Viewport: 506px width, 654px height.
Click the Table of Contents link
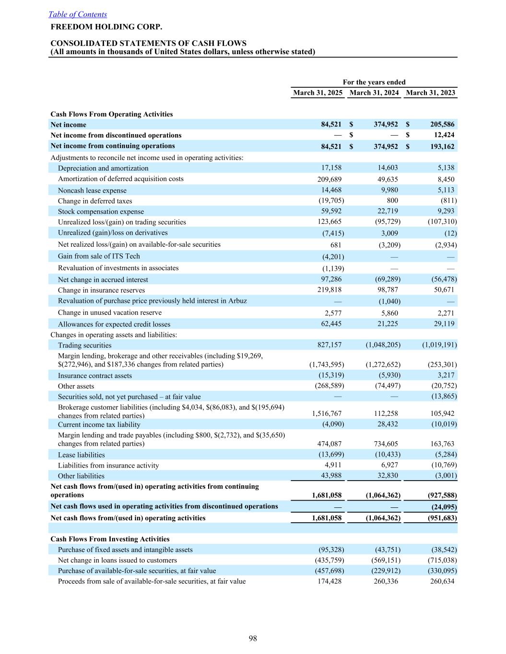pos(78,14)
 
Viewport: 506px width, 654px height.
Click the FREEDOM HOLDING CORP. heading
pos(106,27)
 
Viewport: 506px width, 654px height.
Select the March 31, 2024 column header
pos(374,92)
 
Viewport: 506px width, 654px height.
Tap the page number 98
pos(253,638)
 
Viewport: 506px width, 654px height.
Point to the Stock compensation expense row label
pos(101,211)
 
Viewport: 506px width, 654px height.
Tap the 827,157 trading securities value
pos(329,344)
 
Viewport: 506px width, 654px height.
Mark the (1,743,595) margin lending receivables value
pos(327,365)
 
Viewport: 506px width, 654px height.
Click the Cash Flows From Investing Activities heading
pos(110,539)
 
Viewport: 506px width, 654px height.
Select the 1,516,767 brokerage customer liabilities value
pos(327,413)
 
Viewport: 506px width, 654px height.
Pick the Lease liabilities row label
pos(81,455)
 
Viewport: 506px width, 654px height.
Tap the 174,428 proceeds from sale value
pos(329,581)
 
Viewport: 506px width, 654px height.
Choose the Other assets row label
pos(76,386)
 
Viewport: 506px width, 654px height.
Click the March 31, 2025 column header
pos(318,92)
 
